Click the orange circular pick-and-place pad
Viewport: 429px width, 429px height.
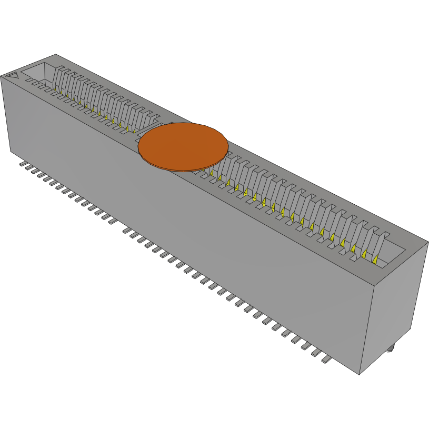point(183,147)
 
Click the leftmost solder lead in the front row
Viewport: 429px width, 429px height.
point(24,165)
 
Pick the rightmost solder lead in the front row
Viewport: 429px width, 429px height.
point(326,361)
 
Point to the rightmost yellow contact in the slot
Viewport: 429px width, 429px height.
point(375,260)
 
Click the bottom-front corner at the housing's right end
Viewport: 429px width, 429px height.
point(360,374)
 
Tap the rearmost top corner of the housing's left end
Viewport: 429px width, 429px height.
point(56,54)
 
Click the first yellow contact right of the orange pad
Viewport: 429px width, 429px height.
point(211,171)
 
